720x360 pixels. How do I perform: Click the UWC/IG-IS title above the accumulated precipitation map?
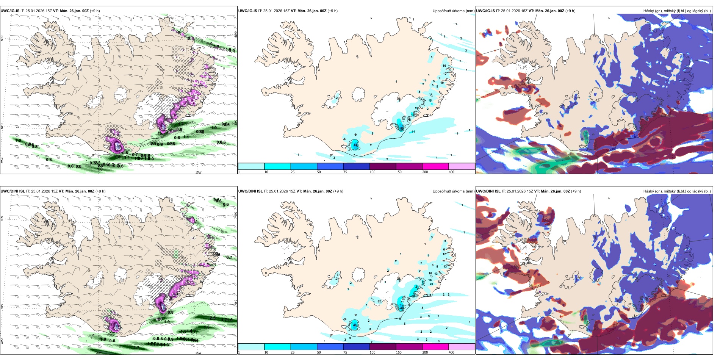pyautogui.click(x=247, y=11)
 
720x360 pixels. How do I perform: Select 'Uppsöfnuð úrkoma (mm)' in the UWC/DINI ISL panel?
pyautogui.click(x=453, y=191)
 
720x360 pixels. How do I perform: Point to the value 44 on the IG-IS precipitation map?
pyautogui.click(x=355, y=145)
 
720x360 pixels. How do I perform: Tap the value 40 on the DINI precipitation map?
pyautogui.click(x=355, y=326)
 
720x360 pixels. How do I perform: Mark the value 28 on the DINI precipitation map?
pyautogui.click(x=413, y=296)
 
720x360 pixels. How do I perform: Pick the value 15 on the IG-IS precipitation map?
pyautogui.click(x=430, y=101)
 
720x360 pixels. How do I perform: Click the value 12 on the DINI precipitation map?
pyautogui.click(x=445, y=254)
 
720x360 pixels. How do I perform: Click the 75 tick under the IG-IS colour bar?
pyautogui.click(x=345, y=172)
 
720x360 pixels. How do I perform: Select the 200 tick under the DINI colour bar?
pyautogui.click(x=425, y=352)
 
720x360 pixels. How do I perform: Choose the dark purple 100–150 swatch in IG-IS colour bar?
pyautogui.click(x=382, y=166)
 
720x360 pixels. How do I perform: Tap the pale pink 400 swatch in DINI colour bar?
pyautogui.click(x=462, y=347)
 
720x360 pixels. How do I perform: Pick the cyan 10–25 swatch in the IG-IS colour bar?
pyautogui.click(x=277, y=166)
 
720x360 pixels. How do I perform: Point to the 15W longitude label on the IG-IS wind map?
pyautogui.click(x=198, y=172)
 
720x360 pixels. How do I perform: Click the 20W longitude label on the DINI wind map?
pyautogui.click(x=98, y=353)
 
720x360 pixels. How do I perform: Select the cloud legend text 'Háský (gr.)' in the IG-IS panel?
pyautogui.click(x=653, y=11)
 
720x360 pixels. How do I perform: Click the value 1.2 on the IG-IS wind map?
pyautogui.click(x=18, y=141)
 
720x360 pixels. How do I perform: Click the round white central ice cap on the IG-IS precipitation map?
pyautogui.click(x=358, y=94)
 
